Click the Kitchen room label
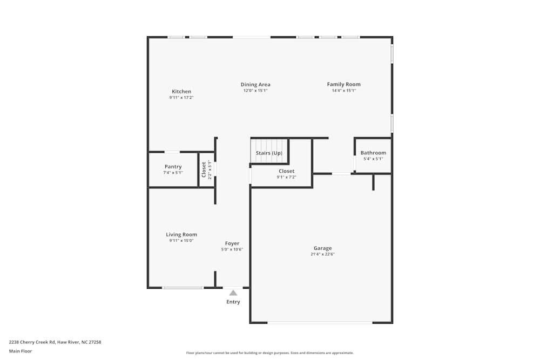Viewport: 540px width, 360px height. tap(181, 92)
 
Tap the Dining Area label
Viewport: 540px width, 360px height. tap(255, 85)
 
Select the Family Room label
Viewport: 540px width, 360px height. tap(343, 84)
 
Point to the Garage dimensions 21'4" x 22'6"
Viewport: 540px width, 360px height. tap(323, 254)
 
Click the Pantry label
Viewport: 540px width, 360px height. tap(173, 167)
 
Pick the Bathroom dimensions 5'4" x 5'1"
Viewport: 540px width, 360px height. tap(373, 159)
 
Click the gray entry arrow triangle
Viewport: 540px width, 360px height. tap(233, 293)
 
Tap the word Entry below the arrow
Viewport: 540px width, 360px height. tap(233, 302)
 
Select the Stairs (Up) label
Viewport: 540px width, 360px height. tap(269, 153)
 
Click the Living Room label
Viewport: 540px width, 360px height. tap(181, 235)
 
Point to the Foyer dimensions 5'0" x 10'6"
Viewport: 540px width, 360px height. tap(232, 249)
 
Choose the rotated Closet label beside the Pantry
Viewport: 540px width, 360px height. tap(204, 169)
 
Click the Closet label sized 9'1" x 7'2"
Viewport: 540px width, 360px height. tap(287, 171)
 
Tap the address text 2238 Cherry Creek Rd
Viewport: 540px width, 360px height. tap(32, 342)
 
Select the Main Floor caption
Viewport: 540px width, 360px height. tap(21, 351)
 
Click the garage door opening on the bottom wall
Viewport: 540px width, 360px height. tap(320, 322)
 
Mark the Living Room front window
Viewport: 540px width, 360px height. tap(183, 288)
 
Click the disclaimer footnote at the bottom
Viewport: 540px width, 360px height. tap(270, 353)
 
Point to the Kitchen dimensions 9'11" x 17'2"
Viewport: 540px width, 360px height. tap(181, 98)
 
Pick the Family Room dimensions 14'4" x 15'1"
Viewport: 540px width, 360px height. tap(343, 91)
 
